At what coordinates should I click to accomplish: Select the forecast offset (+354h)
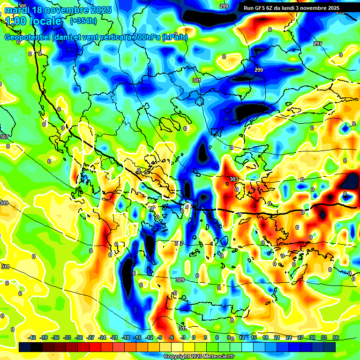[x=83, y=21]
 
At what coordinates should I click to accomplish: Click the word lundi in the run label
[x=296, y=8]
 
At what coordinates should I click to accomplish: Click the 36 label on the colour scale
[x=336, y=337]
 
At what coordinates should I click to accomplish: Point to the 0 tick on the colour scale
[x=194, y=337]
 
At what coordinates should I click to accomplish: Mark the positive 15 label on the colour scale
[x=254, y=337]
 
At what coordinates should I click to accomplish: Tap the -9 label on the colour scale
[x=159, y=337]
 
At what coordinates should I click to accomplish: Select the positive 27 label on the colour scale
[x=300, y=337]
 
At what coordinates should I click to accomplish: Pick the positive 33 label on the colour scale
[x=324, y=337]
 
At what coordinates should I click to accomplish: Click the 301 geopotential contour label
[x=196, y=80]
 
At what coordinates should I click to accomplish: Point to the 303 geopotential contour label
[x=234, y=180]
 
